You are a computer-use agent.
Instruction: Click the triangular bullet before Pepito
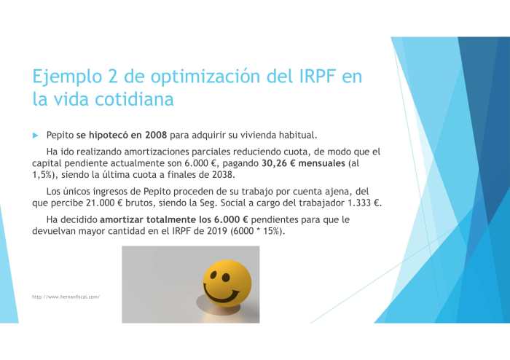(x=34, y=136)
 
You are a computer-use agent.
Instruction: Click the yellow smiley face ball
(x=226, y=283)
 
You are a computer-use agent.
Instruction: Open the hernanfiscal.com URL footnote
(x=66, y=297)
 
